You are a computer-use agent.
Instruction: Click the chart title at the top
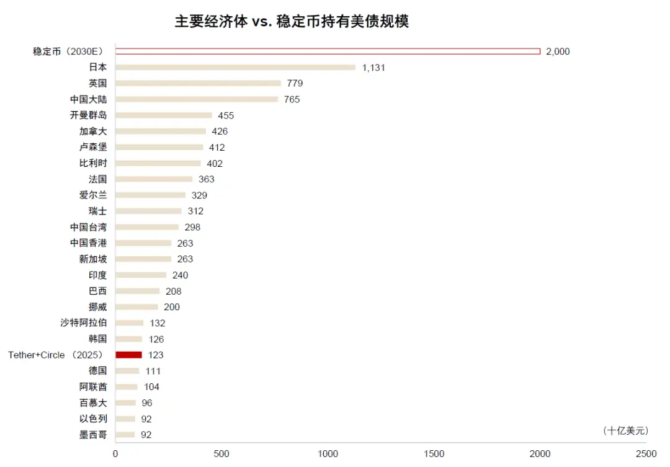pyautogui.click(x=292, y=22)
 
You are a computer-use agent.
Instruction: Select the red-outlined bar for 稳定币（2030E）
pyautogui.click(x=328, y=51)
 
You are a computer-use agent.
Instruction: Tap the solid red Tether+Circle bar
pyautogui.click(x=128, y=355)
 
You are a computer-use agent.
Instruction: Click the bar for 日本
pyautogui.click(x=235, y=67)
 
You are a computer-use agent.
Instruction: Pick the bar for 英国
pyautogui.click(x=198, y=83)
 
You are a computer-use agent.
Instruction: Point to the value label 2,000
pyautogui.click(x=558, y=51)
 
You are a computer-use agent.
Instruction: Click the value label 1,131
pyautogui.click(x=373, y=68)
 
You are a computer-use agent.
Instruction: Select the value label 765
pyautogui.click(x=292, y=99)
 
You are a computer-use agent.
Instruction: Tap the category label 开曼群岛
pyautogui.click(x=88, y=115)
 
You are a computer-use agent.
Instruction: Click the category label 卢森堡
pyautogui.click(x=93, y=147)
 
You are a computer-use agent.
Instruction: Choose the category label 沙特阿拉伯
pyautogui.click(x=84, y=322)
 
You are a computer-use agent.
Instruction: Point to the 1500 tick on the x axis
pyautogui.click(x=434, y=454)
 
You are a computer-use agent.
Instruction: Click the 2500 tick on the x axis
pyautogui.click(x=646, y=454)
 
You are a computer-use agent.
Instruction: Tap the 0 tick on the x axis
pyautogui.click(x=115, y=454)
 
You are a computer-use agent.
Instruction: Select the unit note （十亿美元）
pyautogui.click(x=625, y=430)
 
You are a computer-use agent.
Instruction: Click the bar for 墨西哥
pyautogui.click(x=125, y=435)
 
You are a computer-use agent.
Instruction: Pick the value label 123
pyautogui.click(x=156, y=355)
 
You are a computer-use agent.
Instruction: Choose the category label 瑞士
pyautogui.click(x=97, y=211)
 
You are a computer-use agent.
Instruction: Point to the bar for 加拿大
pyautogui.click(x=161, y=131)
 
